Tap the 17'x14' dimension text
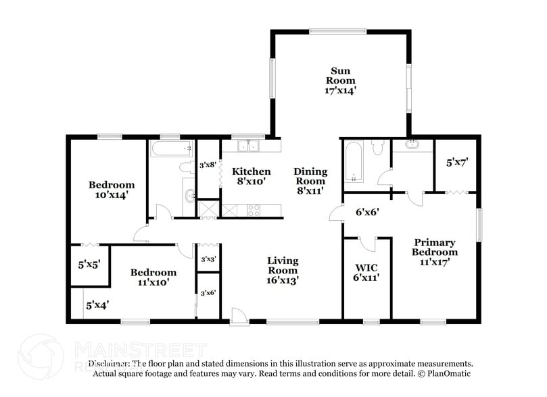[342, 90]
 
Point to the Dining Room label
[310, 176]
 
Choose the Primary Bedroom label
[435, 247]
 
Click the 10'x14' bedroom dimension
[111, 194]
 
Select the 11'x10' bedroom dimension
[153, 282]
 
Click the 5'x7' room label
[457, 163]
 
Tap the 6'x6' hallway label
[367, 211]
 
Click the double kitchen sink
[245, 145]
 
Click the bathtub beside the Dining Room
[354, 161]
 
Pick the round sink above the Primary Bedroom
[412, 144]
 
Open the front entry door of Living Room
[237, 315]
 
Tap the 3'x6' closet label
[208, 293]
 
